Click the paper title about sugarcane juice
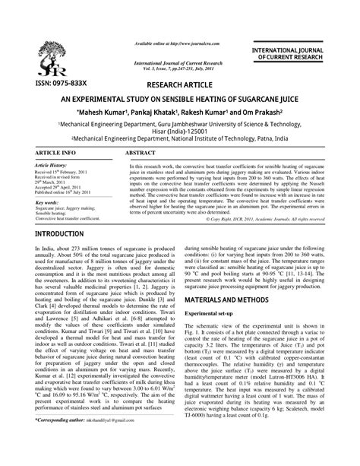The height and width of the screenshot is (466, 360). point(179,100)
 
